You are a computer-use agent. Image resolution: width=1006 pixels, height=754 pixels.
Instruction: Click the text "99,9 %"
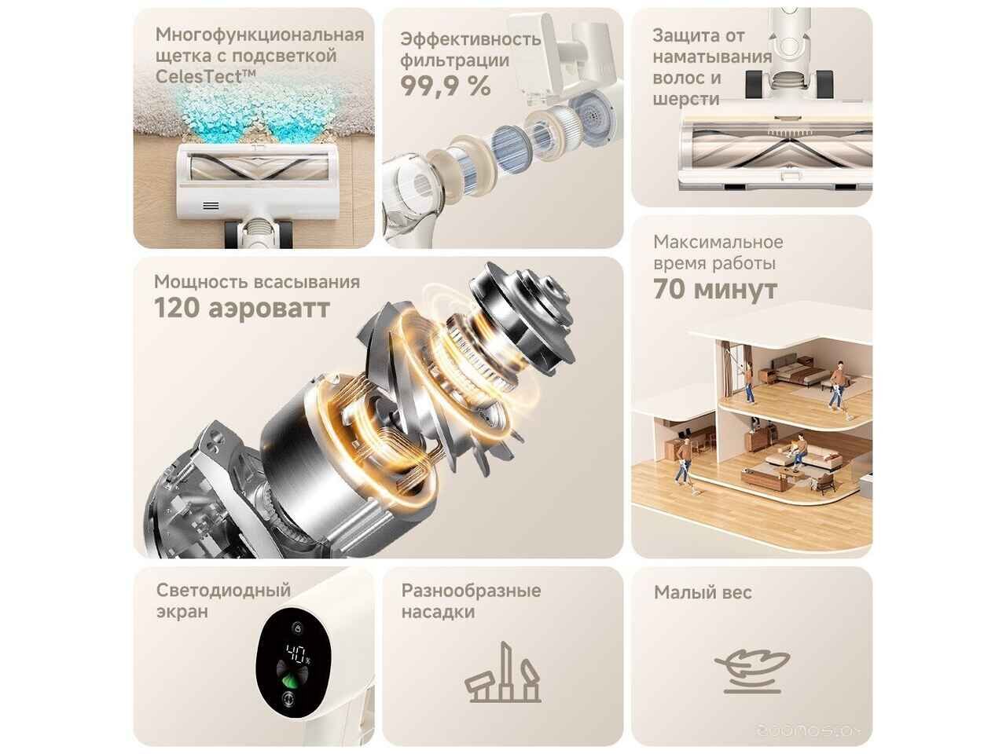tap(445, 86)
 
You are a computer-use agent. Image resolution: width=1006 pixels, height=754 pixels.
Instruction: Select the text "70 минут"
tap(714, 289)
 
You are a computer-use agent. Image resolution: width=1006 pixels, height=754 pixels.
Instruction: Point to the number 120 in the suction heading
tap(177, 308)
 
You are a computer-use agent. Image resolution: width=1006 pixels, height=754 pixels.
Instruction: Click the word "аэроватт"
tap(269, 309)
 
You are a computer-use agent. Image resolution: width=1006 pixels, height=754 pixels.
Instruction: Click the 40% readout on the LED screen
tap(296, 653)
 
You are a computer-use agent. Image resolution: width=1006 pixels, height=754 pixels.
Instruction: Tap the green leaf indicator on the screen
tap(291, 682)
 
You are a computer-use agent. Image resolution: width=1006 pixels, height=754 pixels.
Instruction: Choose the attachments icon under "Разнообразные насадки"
tap(503, 673)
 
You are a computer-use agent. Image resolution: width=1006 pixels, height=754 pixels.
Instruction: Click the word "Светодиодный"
tap(224, 591)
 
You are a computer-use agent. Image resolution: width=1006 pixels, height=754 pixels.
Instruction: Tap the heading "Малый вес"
tap(703, 592)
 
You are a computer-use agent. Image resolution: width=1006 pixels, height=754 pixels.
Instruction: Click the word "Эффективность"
tap(471, 39)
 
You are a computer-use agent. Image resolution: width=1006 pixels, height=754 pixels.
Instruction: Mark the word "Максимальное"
tap(718, 242)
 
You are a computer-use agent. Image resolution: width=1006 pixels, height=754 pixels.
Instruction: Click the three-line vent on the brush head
tap(211, 206)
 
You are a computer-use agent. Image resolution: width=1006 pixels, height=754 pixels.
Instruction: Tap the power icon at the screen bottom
tap(288, 698)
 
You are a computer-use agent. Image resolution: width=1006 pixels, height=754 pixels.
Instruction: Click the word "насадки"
tap(438, 612)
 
